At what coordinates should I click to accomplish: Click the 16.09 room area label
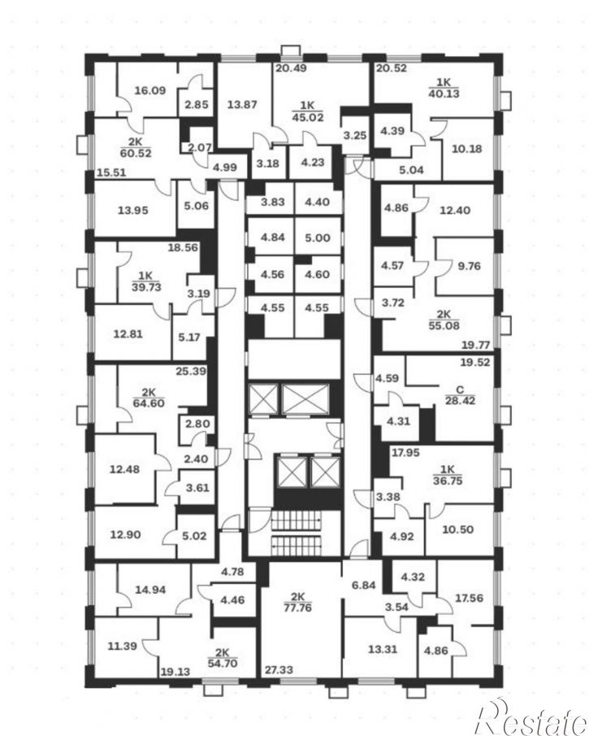[x=150, y=90]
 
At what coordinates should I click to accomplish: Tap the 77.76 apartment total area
[x=298, y=608]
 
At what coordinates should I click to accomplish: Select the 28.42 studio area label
[x=460, y=400]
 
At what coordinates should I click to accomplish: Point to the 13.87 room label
[x=242, y=104]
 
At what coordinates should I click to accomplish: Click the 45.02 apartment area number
[x=308, y=117]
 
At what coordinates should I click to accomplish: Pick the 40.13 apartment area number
[x=444, y=94]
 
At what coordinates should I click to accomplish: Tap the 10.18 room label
[x=466, y=149]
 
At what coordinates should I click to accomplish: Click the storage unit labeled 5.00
[x=318, y=237]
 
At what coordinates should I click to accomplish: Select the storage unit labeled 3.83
[x=272, y=202]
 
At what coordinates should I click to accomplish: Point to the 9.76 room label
[x=469, y=266]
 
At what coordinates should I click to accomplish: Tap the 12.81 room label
[x=128, y=334]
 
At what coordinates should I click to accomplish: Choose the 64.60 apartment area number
[x=149, y=403]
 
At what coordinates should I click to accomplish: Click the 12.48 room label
[x=124, y=469]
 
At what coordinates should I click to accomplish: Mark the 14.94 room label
[x=150, y=590]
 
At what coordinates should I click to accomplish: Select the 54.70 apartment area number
[x=223, y=664]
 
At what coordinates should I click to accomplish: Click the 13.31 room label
[x=383, y=649]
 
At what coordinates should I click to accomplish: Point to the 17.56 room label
[x=469, y=598]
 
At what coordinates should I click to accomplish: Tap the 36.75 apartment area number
[x=448, y=481]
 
